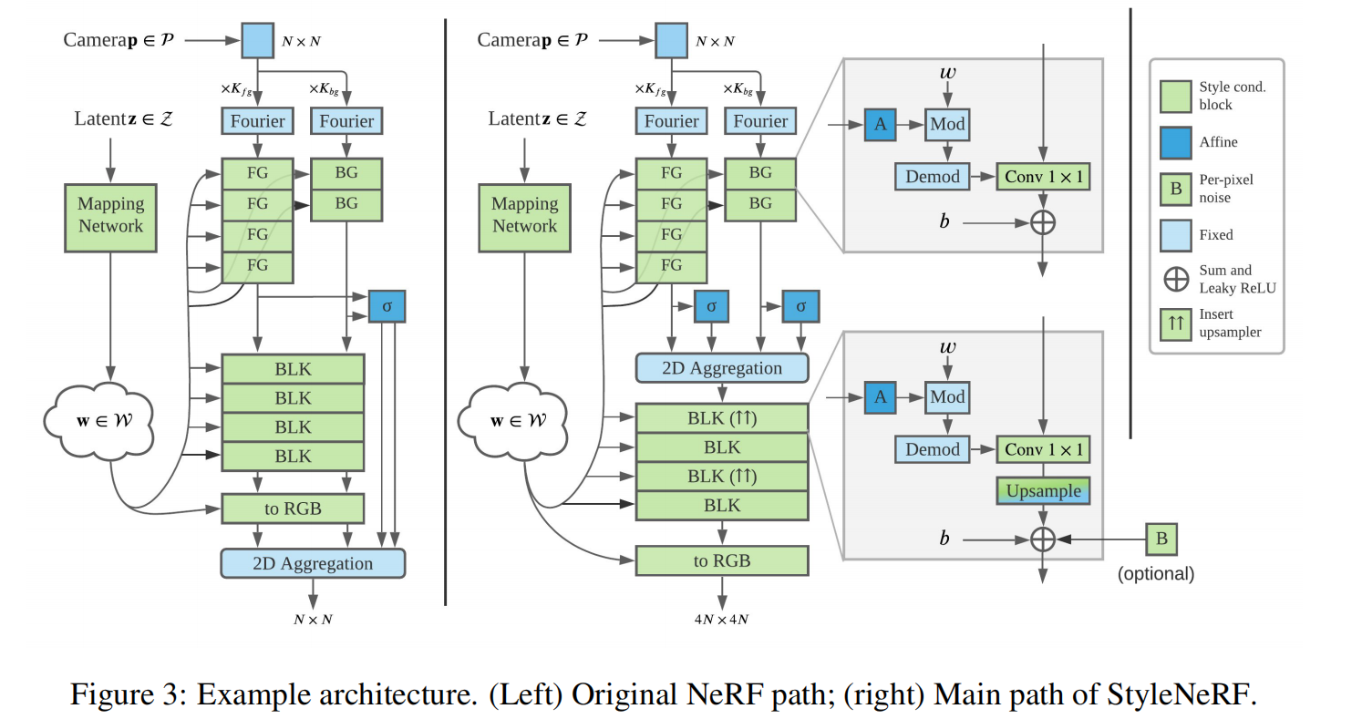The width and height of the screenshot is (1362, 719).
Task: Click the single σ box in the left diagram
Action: coord(387,306)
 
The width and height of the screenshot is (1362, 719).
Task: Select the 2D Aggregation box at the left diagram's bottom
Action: coord(312,563)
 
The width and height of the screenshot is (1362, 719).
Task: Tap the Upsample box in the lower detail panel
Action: coord(1043,490)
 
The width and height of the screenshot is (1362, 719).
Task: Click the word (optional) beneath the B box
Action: coord(1155,574)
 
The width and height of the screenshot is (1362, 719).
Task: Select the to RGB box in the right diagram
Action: coord(721,560)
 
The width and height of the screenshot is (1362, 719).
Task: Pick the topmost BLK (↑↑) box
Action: coord(721,418)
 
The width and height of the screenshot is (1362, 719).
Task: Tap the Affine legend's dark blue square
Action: coord(1176,141)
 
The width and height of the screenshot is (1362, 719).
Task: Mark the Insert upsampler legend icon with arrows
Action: coord(1176,324)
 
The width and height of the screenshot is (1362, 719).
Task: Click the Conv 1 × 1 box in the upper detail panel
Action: coord(1043,176)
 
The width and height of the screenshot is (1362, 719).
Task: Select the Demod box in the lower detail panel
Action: coord(932,449)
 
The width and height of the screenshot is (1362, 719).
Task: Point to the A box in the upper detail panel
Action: coord(880,124)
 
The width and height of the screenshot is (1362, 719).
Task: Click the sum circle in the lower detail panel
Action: coord(1042,539)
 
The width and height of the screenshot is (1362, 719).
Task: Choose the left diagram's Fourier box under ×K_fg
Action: coord(257,121)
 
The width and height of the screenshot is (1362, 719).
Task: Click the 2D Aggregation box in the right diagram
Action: coord(721,367)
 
